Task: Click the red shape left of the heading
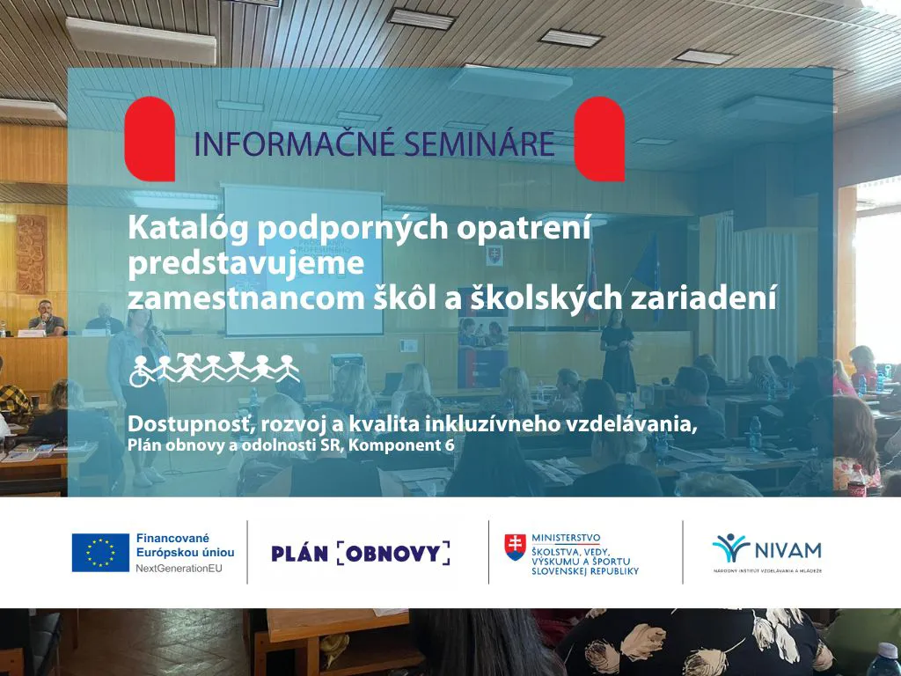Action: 150,138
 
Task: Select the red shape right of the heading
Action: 599,138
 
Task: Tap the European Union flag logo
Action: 100,553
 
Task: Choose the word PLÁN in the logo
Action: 300,554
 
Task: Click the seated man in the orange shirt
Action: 46,318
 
